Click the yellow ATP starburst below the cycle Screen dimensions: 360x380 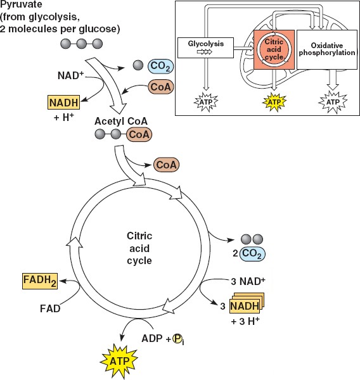click(x=119, y=362)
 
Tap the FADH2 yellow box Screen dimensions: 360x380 click(x=40, y=281)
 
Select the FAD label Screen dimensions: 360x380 click(x=50, y=309)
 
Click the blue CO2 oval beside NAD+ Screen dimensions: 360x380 click(x=161, y=66)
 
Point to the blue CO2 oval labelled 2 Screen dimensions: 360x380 click(x=252, y=253)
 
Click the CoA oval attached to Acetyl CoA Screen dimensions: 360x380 click(x=139, y=134)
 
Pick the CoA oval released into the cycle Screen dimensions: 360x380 click(x=166, y=165)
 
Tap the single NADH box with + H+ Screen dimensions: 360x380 click(x=63, y=103)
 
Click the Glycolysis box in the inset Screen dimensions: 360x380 click(x=206, y=47)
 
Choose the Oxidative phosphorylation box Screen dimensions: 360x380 click(x=327, y=49)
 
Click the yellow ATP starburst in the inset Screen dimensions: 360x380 click(x=274, y=102)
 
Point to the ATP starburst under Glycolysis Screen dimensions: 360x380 click(x=206, y=102)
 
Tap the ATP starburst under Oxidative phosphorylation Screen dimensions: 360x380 click(x=333, y=102)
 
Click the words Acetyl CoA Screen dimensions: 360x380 click(x=121, y=121)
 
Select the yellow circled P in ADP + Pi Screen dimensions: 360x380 click(x=177, y=339)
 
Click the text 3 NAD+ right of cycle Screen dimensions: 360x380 click(x=248, y=281)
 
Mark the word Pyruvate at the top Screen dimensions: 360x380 click(x=21, y=4)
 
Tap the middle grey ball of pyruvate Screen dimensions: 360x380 click(x=82, y=44)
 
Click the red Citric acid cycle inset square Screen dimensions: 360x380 click(x=274, y=49)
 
